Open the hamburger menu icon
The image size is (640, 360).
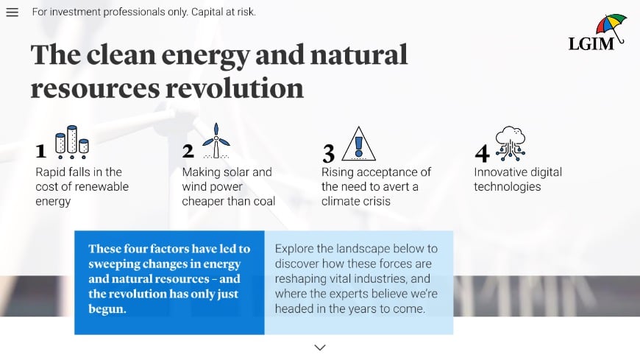tap(12, 13)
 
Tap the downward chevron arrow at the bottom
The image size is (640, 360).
tap(320, 347)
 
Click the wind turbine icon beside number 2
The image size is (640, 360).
tap(216, 141)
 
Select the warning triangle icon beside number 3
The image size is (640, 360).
tap(359, 144)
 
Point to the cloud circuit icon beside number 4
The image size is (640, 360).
tap(510, 143)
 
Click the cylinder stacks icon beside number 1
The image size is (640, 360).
tap(72, 142)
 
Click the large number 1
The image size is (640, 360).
tap(41, 152)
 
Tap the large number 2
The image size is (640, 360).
tap(188, 151)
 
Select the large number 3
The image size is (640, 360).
tap(329, 153)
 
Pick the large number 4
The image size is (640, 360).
tap(482, 153)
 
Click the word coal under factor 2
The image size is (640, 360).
tap(262, 201)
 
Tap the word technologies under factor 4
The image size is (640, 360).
tap(507, 186)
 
